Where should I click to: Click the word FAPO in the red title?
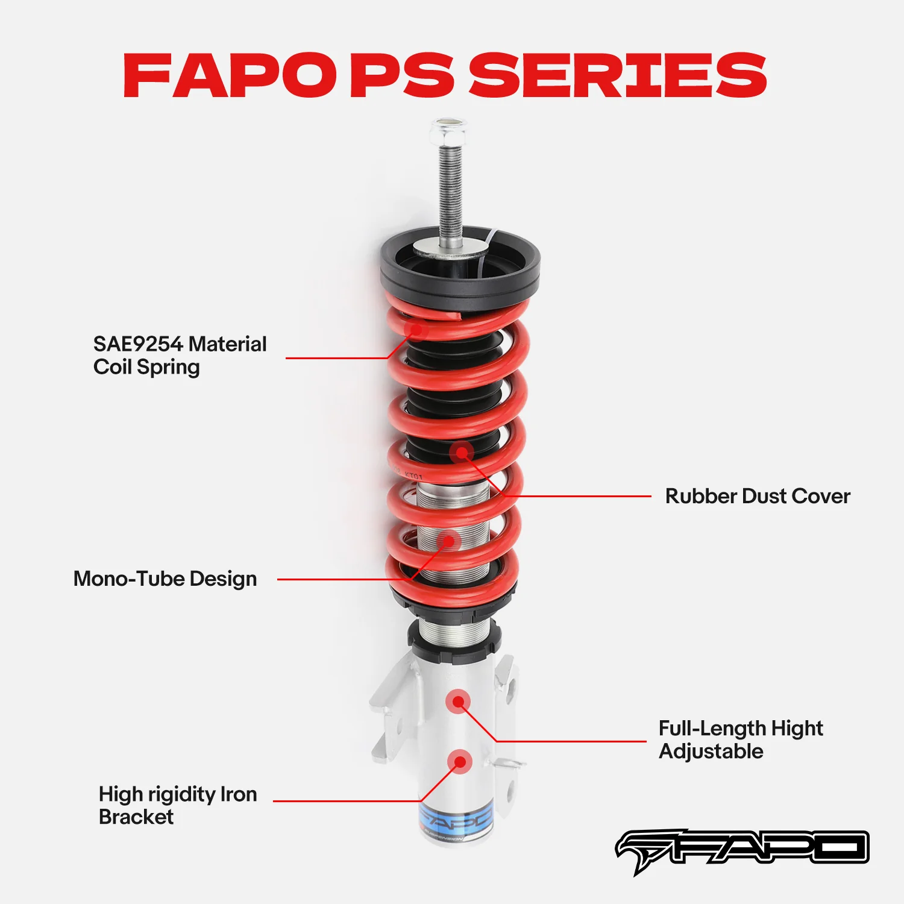click(230, 75)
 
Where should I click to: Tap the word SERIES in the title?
click(618, 75)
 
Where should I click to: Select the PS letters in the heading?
click(402, 75)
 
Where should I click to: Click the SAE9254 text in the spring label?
click(138, 344)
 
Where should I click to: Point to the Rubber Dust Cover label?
click(758, 496)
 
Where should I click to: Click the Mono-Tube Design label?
click(165, 579)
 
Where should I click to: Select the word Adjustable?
click(711, 752)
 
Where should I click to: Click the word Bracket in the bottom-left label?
click(136, 817)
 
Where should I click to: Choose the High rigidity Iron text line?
click(178, 794)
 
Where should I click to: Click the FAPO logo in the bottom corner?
click(742, 850)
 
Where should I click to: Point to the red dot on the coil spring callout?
click(416, 329)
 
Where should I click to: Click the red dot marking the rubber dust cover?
click(462, 453)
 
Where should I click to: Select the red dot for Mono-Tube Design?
click(448, 541)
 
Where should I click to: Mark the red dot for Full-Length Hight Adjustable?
click(459, 702)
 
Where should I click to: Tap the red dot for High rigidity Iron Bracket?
click(460, 762)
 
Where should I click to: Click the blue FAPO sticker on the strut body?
click(456, 819)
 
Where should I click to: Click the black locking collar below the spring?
click(454, 639)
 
